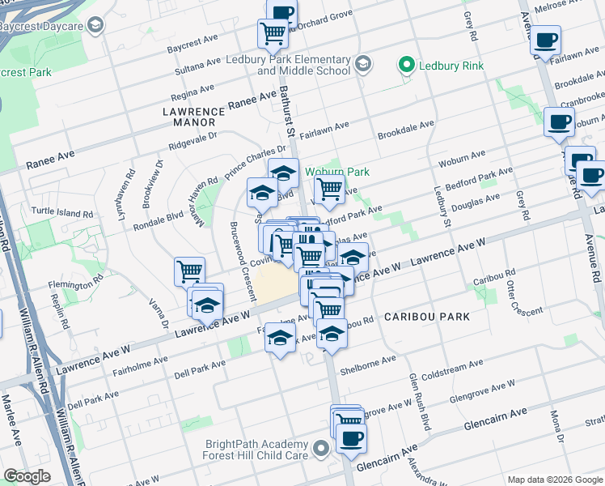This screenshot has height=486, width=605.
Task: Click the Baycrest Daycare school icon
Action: [95, 26]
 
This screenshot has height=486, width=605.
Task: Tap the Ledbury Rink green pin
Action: [407, 65]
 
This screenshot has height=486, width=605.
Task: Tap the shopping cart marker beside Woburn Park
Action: [329, 189]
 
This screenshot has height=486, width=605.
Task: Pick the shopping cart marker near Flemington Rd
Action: [189, 271]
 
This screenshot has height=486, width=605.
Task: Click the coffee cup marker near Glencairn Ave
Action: [350, 438]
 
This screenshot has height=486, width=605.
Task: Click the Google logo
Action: [27, 476]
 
